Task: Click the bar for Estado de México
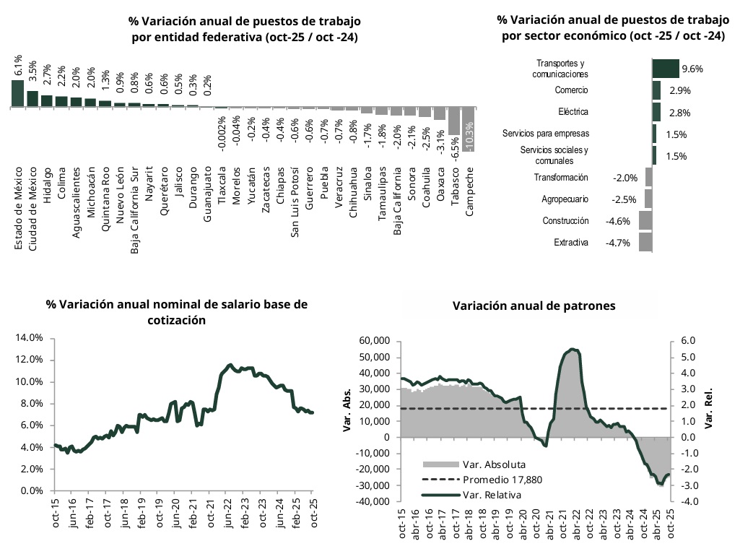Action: [x=17, y=93]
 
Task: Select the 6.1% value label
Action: [x=18, y=65]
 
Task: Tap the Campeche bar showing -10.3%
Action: [x=469, y=129]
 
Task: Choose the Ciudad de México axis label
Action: [x=32, y=208]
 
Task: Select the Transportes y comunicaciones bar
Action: [x=666, y=69]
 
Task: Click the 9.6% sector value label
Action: [x=692, y=69]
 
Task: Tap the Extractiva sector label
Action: [x=571, y=243]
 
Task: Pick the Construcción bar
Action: [x=645, y=221]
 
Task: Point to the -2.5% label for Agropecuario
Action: [x=624, y=199]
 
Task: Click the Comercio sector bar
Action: [x=656, y=90]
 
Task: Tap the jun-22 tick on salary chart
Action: [x=228, y=514]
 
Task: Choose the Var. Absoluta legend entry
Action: [x=473, y=464]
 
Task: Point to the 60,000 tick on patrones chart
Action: [x=375, y=341]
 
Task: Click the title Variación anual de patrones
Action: [x=534, y=306]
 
